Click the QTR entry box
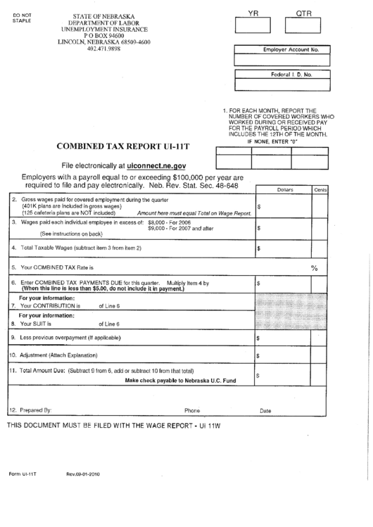tap(303, 25)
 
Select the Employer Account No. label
tap(291, 51)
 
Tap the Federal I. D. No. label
tap(291, 74)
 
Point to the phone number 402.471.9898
tap(103, 49)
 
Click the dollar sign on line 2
tap(260, 207)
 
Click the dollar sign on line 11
tap(259, 376)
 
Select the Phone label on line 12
tap(192, 410)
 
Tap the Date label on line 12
tap(265, 410)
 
